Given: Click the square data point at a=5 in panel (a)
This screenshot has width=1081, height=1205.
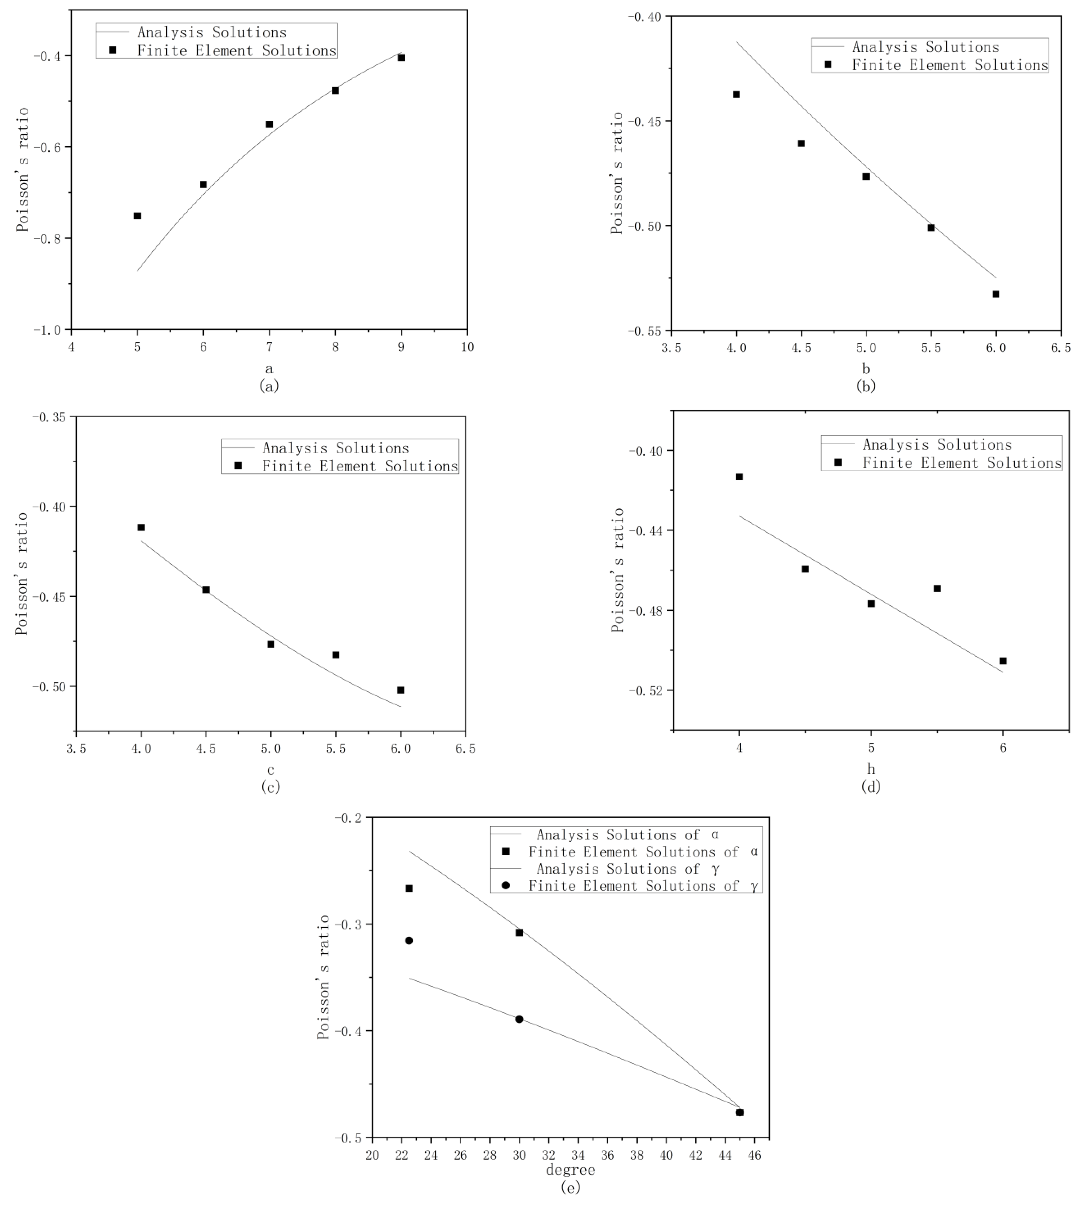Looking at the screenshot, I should tap(137, 216).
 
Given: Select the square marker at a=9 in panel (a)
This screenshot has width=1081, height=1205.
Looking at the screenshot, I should tap(402, 58).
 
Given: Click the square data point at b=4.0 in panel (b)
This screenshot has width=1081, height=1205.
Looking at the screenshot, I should tap(736, 94).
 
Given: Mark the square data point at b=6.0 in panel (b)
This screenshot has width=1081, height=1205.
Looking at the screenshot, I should tap(996, 294).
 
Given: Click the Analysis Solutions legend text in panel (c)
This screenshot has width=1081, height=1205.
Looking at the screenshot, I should tap(335, 448).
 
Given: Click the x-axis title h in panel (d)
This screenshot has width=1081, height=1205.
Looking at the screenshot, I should tap(871, 770).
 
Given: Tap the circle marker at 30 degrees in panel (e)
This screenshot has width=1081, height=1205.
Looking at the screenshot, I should tap(519, 1019).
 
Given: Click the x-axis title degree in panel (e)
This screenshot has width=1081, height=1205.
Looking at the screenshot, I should tap(570, 1170).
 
